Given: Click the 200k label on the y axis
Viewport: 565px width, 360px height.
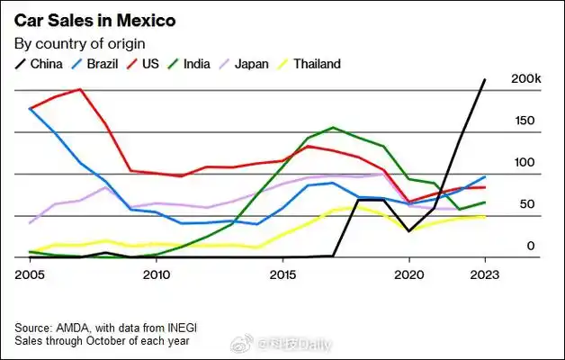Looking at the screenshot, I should pyautogui.click(x=525, y=79).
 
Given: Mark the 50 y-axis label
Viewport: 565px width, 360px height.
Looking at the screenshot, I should pyautogui.click(x=526, y=204).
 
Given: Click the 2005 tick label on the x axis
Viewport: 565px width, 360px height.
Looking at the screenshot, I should pyautogui.click(x=30, y=274).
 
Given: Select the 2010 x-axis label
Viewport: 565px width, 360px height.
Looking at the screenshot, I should pyautogui.click(x=157, y=274).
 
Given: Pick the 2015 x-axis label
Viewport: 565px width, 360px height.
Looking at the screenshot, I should pyautogui.click(x=282, y=274).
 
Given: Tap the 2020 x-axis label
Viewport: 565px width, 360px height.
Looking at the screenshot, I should pyautogui.click(x=408, y=274).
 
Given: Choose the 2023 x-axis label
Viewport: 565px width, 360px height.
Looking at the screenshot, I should pyautogui.click(x=484, y=274).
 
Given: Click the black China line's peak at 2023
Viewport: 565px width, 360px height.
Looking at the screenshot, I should pyautogui.click(x=485, y=79).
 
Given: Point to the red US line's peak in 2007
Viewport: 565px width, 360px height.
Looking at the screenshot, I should pyautogui.click(x=81, y=89).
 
